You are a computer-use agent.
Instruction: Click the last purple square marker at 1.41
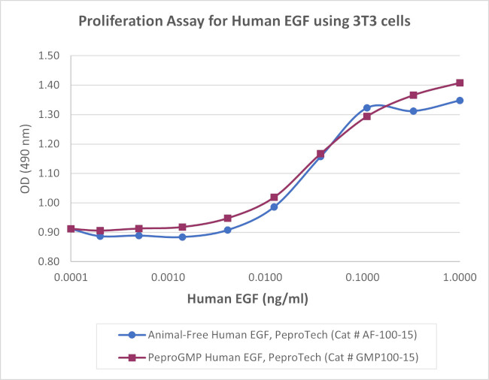click(x=460, y=83)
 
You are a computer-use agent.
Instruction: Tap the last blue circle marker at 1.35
click(x=460, y=100)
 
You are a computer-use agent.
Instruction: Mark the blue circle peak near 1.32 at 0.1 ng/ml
click(x=367, y=108)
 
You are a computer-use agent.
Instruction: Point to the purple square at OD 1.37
click(x=413, y=95)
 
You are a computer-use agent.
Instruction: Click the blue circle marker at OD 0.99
click(x=275, y=207)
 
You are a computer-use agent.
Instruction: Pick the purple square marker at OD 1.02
click(x=275, y=198)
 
